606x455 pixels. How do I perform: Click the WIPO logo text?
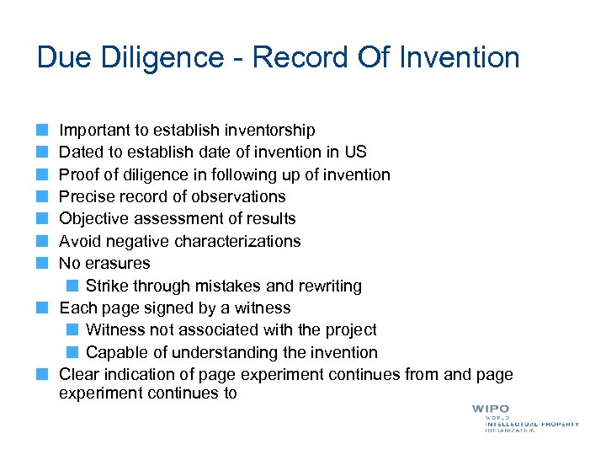click(490, 409)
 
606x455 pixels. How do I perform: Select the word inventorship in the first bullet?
click(270, 131)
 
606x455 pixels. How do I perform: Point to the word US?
click(355, 153)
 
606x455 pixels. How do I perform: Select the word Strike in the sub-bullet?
click(107, 286)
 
